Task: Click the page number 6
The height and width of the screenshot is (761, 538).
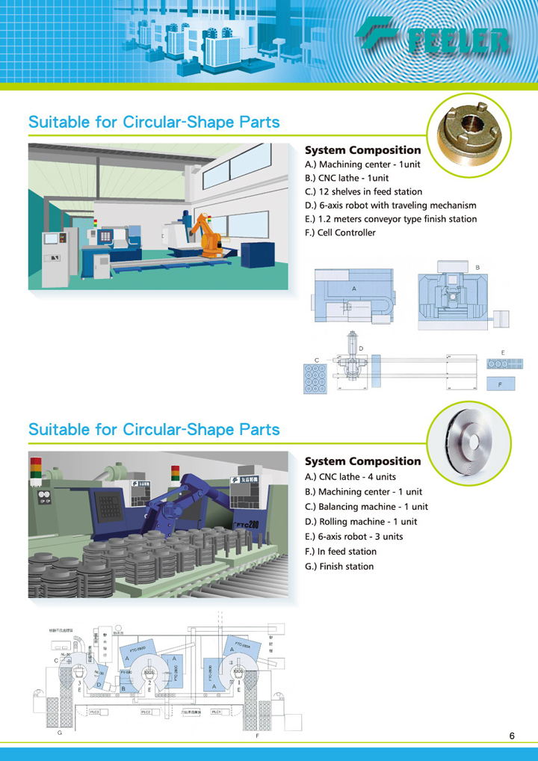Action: [x=512, y=736]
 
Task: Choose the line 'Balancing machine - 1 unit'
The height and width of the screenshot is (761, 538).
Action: [x=365, y=506]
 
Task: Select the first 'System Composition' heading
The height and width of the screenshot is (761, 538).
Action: [x=363, y=150]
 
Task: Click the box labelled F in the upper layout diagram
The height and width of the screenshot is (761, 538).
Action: [x=502, y=384]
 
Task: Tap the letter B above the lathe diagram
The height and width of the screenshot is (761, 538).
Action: [x=477, y=267]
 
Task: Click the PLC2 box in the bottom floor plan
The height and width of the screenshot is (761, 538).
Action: [x=147, y=712]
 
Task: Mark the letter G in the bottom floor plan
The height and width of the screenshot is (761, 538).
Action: [x=60, y=735]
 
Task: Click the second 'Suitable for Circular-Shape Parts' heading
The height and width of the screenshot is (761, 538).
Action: [x=154, y=430]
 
